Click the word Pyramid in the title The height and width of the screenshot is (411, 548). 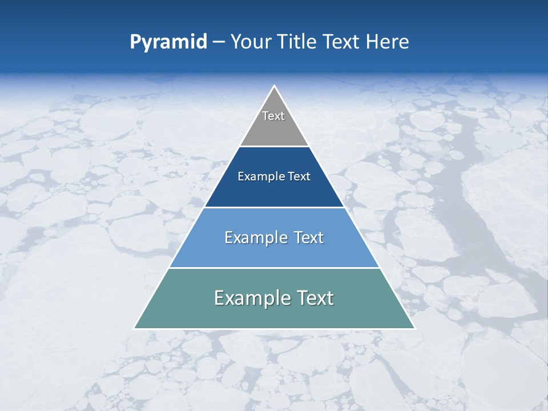click(x=168, y=42)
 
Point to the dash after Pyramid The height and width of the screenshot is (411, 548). click(x=219, y=43)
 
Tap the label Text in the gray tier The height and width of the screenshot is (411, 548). click(x=273, y=116)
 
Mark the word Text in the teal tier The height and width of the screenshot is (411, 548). click(x=315, y=298)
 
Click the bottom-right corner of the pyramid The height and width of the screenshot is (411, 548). click(x=414, y=328)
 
